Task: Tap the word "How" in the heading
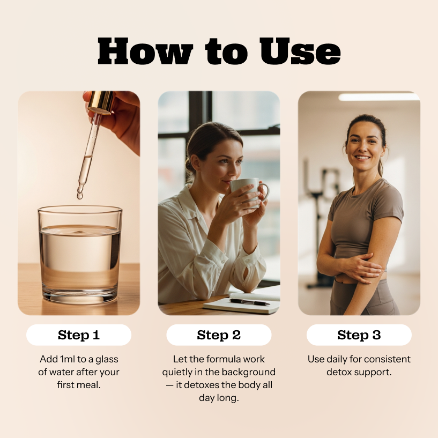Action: pos(145,52)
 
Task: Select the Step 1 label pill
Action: pos(79,335)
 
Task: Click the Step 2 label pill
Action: pos(219,335)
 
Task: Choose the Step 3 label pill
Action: pos(359,335)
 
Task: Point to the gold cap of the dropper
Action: pos(101,102)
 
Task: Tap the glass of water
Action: pos(80,255)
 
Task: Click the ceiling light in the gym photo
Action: pos(378,97)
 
